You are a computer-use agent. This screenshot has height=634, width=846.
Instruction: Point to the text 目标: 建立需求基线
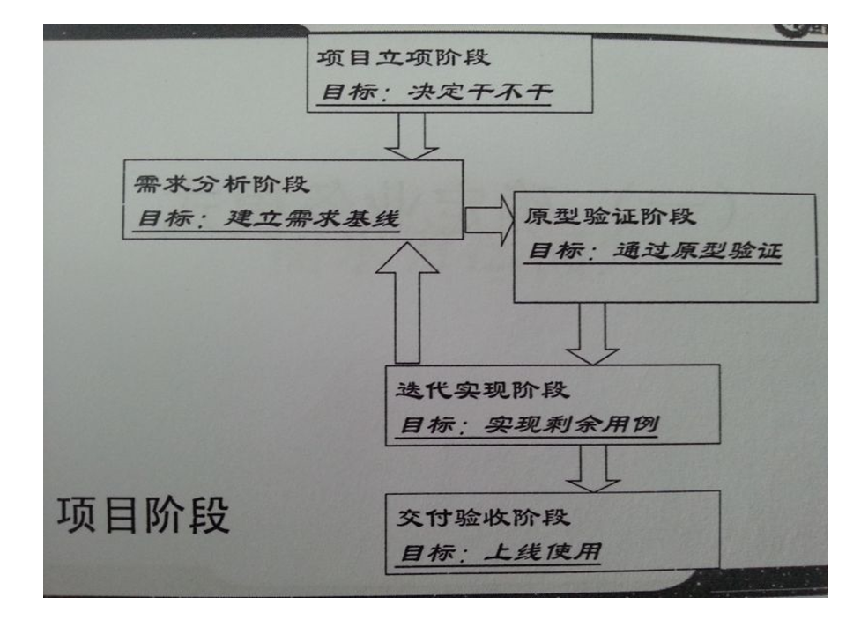point(265,219)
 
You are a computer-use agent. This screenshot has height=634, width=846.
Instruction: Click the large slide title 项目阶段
point(144,518)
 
